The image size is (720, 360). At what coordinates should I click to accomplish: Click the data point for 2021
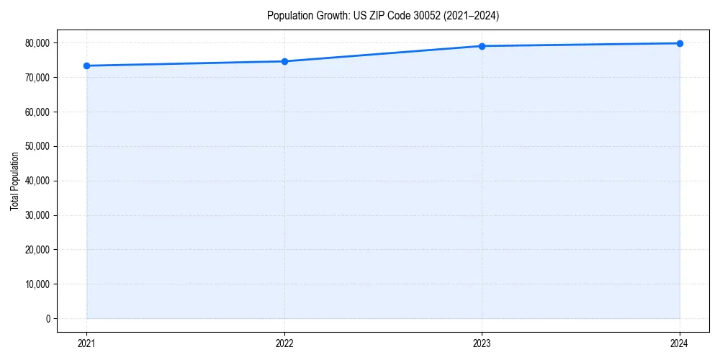[x=86, y=66]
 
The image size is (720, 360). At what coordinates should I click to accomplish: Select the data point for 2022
[x=284, y=61]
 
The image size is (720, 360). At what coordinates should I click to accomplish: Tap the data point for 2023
[x=482, y=46]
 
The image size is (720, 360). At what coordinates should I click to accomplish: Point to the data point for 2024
[x=680, y=43]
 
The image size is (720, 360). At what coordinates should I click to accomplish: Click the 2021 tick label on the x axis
[x=86, y=343]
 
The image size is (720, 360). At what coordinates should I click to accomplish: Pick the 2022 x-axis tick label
[x=284, y=343]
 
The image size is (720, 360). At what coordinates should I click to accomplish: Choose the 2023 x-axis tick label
[x=482, y=343]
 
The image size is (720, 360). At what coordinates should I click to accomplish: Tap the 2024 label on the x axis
[x=680, y=343]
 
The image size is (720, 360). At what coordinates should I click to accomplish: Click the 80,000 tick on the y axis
[x=37, y=43]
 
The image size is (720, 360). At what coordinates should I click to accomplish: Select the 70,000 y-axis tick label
[x=37, y=78]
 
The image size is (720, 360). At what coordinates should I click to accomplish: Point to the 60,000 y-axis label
[x=37, y=112]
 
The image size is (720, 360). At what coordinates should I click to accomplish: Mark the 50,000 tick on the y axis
[x=37, y=146]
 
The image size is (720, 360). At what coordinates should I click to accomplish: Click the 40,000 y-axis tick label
[x=37, y=181]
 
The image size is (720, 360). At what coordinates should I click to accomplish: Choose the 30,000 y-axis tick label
[x=37, y=215]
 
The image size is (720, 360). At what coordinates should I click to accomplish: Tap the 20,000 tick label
[x=37, y=250]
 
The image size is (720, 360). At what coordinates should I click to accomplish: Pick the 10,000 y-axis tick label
[x=37, y=284]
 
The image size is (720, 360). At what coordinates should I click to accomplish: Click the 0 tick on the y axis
[x=48, y=318]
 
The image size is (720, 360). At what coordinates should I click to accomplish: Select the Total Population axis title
[x=14, y=181]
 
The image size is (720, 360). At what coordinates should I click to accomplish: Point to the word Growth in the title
[x=330, y=15]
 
